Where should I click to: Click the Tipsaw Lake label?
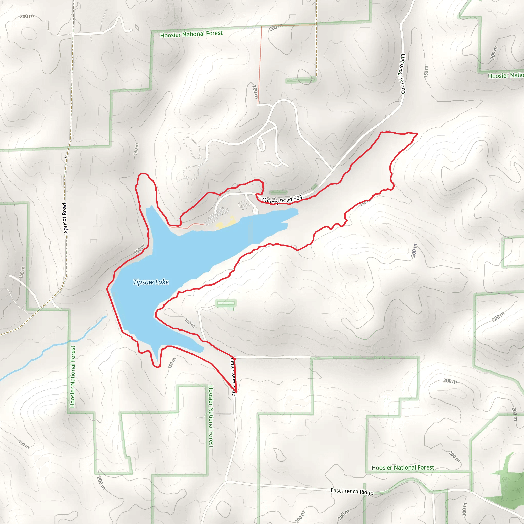[x=151, y=282]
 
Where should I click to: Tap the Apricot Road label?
[x=65, y=218]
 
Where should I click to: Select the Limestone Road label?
[x=234, y=377]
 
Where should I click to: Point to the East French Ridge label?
[x=352, y=491]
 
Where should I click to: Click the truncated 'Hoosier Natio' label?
[x=506, y=75]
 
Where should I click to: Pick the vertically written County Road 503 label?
[x=402, y=74]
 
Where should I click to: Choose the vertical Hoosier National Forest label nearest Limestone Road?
[x=211, y=416]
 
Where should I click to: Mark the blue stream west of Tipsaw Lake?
[x=54, y=346]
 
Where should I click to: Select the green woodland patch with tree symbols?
[x=506, y=485]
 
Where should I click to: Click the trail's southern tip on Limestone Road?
[x=236, y=392]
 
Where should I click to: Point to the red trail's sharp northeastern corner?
[x=417, y=134]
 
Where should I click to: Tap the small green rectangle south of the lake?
[x=226, y=303]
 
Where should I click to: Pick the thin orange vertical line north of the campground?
[x=259, y=65]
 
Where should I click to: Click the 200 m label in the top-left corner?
[x=27, y=16]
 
